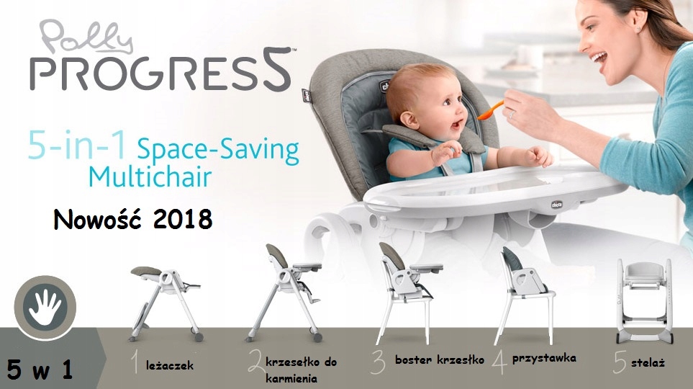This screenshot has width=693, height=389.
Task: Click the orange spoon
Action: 491,111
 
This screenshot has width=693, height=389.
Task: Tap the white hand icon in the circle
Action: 45,307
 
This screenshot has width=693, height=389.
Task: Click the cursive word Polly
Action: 86,37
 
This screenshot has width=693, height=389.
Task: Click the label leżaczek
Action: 170,365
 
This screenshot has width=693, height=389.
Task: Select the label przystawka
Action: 544,359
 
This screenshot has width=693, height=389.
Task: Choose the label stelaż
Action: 648,363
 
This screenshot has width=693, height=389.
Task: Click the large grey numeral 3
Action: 379,362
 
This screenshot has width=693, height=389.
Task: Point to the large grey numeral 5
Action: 620,362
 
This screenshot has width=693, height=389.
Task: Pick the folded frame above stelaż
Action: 645,301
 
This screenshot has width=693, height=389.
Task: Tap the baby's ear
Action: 409,120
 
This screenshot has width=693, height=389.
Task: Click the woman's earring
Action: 639,28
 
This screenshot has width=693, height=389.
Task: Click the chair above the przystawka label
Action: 524,295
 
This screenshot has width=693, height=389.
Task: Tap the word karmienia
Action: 291,379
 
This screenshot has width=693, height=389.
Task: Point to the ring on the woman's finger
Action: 512,114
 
